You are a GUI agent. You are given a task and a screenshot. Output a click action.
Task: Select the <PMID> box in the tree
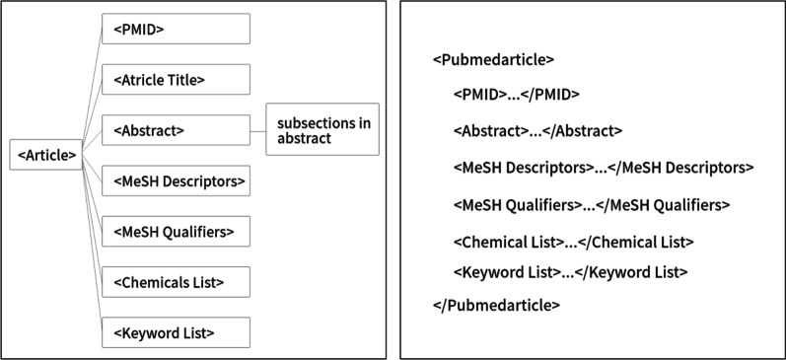pos(176,29)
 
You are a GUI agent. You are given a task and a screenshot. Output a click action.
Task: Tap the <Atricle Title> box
pos(176,79)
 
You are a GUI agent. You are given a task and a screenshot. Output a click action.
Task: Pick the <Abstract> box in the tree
pos(176,129)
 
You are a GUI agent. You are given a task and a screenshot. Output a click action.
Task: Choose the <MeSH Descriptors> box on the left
pos(176,180)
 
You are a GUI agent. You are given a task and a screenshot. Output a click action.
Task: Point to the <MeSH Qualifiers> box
pos(176,231)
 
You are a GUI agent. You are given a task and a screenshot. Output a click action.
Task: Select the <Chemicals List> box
pos(176,282)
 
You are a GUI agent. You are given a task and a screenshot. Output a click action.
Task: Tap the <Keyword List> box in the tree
pos(176,332)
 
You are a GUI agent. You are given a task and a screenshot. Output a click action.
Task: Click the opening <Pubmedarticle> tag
pos(493,59)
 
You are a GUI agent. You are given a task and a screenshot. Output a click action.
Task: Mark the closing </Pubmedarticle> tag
pos(496,305)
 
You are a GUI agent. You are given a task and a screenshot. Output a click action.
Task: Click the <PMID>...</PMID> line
pos(517,95)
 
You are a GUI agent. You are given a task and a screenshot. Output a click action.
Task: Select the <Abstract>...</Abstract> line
pos(537,130)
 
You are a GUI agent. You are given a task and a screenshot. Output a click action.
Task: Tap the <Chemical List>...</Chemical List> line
pos(574,242)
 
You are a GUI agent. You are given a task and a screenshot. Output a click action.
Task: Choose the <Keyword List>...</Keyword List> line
pos(570,271)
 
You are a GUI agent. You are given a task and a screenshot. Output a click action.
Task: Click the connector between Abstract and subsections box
pos(257,129)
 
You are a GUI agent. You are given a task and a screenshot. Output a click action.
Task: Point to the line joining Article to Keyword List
pos(92,247)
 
